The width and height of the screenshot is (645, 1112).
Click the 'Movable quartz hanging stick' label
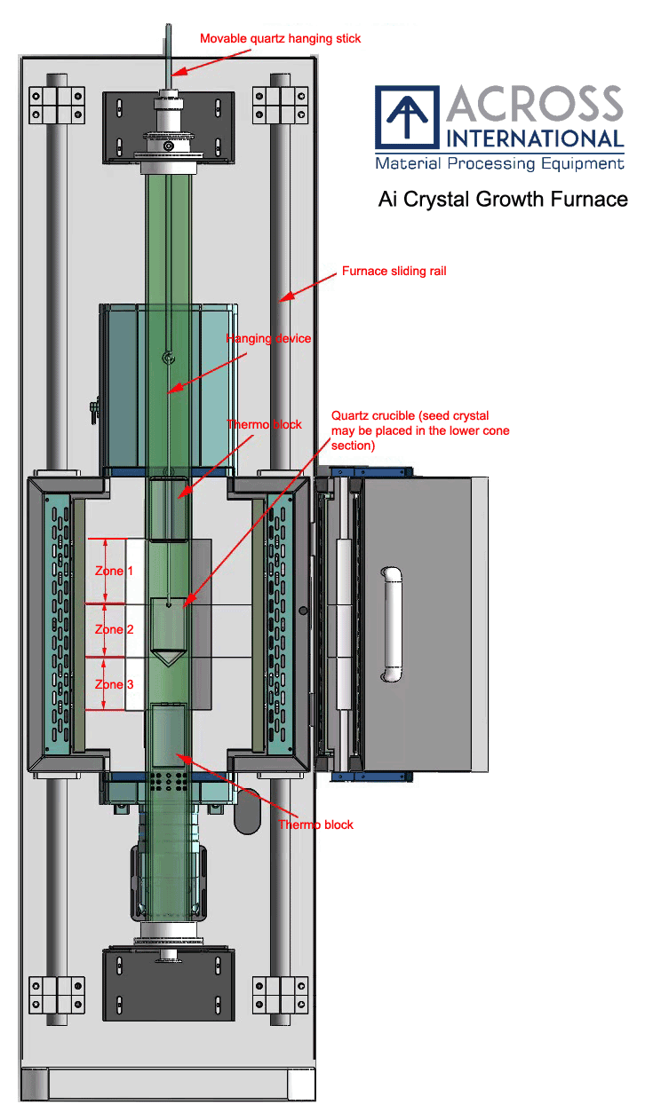point(280,38)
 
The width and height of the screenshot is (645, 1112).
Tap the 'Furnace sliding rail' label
point(394,272)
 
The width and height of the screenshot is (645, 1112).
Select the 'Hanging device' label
point(268,338)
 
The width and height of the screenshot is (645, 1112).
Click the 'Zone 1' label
point(115,571)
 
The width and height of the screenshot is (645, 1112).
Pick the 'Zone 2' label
point(115,629)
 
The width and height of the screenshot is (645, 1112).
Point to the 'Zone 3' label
point(115,684)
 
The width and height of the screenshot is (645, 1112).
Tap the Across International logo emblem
point(407,117)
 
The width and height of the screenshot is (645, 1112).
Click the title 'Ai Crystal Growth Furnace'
point(503,200)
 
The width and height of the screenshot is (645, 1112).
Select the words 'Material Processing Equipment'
point(499,164)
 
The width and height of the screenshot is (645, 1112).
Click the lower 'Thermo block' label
point(315,824)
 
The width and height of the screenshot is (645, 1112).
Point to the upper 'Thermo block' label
point(264,424)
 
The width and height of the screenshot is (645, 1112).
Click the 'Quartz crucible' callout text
point(419,430)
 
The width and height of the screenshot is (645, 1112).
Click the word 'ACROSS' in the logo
point(534,106)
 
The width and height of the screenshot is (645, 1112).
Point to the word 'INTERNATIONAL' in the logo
point(535,138)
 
